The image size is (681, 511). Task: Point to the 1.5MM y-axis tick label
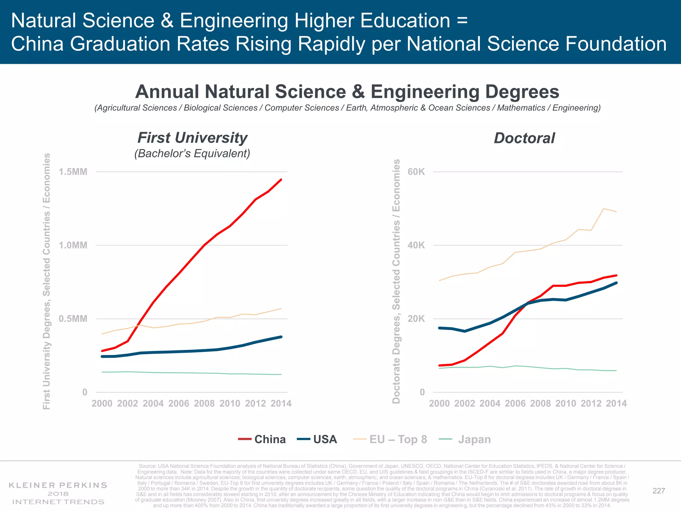pyautogui.click(x=73, y=172)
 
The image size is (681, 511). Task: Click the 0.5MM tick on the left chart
pyautogui.click(x=73, y=319)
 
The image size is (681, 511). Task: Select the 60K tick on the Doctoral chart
pyautogui.click(x=416, y=172)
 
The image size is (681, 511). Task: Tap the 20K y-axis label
pyautogui.click(x=416, y=319)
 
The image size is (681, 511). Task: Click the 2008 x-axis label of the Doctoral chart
pyautogui.click(x=540, y=403)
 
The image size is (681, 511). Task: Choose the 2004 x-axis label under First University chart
pyautogui.click(x=153, y=403)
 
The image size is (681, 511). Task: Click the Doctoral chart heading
pyautogui.click(x=524, y=138)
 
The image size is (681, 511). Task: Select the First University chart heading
pyautogui.click(x=193, y=138)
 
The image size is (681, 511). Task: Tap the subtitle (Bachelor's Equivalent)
pyautogui.click(x=192, y=153)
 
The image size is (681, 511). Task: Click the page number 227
pyautogui.click(x=658, y=491)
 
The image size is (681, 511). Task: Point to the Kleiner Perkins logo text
pyautogui.click(x=58, y=485)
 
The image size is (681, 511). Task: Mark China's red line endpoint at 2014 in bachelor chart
pyautogui.click(x=281, y=180)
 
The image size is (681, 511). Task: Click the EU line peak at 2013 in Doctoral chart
pyautogui.click(x=604, y=209)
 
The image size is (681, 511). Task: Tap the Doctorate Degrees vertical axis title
pyautogui.click(x=396, y=281)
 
